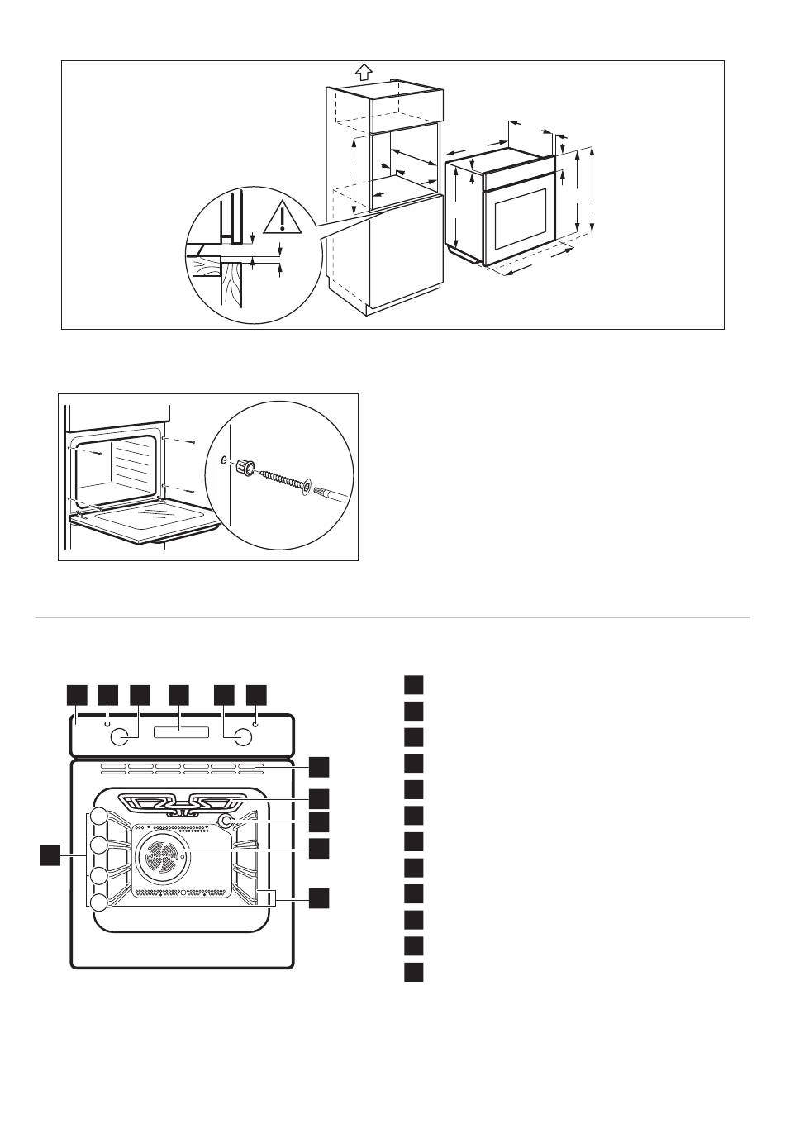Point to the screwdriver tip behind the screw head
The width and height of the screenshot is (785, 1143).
328,494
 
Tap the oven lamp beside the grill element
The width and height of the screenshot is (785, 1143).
224,821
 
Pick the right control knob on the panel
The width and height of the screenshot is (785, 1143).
241,736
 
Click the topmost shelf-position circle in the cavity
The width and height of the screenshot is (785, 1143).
99,817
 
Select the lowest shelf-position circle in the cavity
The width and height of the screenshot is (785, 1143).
99,902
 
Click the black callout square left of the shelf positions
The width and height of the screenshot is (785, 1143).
50,856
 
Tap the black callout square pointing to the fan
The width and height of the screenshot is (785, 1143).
320,847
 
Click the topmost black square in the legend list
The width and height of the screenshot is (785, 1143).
414,685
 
